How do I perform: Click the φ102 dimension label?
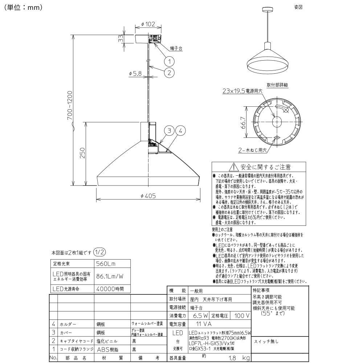point(145,25)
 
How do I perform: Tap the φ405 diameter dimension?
point(148,196)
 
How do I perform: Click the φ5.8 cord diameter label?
point(135,73)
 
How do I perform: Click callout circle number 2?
point(169,72)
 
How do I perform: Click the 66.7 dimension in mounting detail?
point(243,125)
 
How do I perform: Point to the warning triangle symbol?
point(233,167)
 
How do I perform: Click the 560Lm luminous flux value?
point(106,264)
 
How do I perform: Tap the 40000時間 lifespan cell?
point(110,289)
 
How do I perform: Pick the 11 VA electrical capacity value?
point(204,323)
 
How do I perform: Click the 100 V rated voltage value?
point(242,316)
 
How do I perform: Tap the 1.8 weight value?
point(233,358)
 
